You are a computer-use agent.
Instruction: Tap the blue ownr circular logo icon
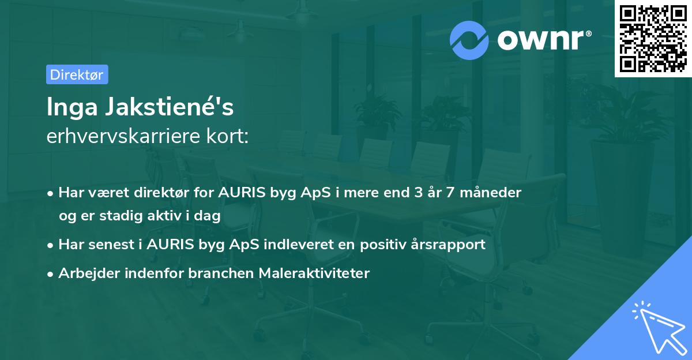470,40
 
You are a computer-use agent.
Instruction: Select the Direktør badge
77,74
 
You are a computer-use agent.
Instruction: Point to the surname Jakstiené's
167,108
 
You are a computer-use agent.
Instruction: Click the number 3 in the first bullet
418,193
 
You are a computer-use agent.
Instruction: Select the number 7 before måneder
456,193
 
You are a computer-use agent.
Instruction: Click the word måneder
494,193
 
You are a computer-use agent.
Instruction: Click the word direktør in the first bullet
164,193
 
